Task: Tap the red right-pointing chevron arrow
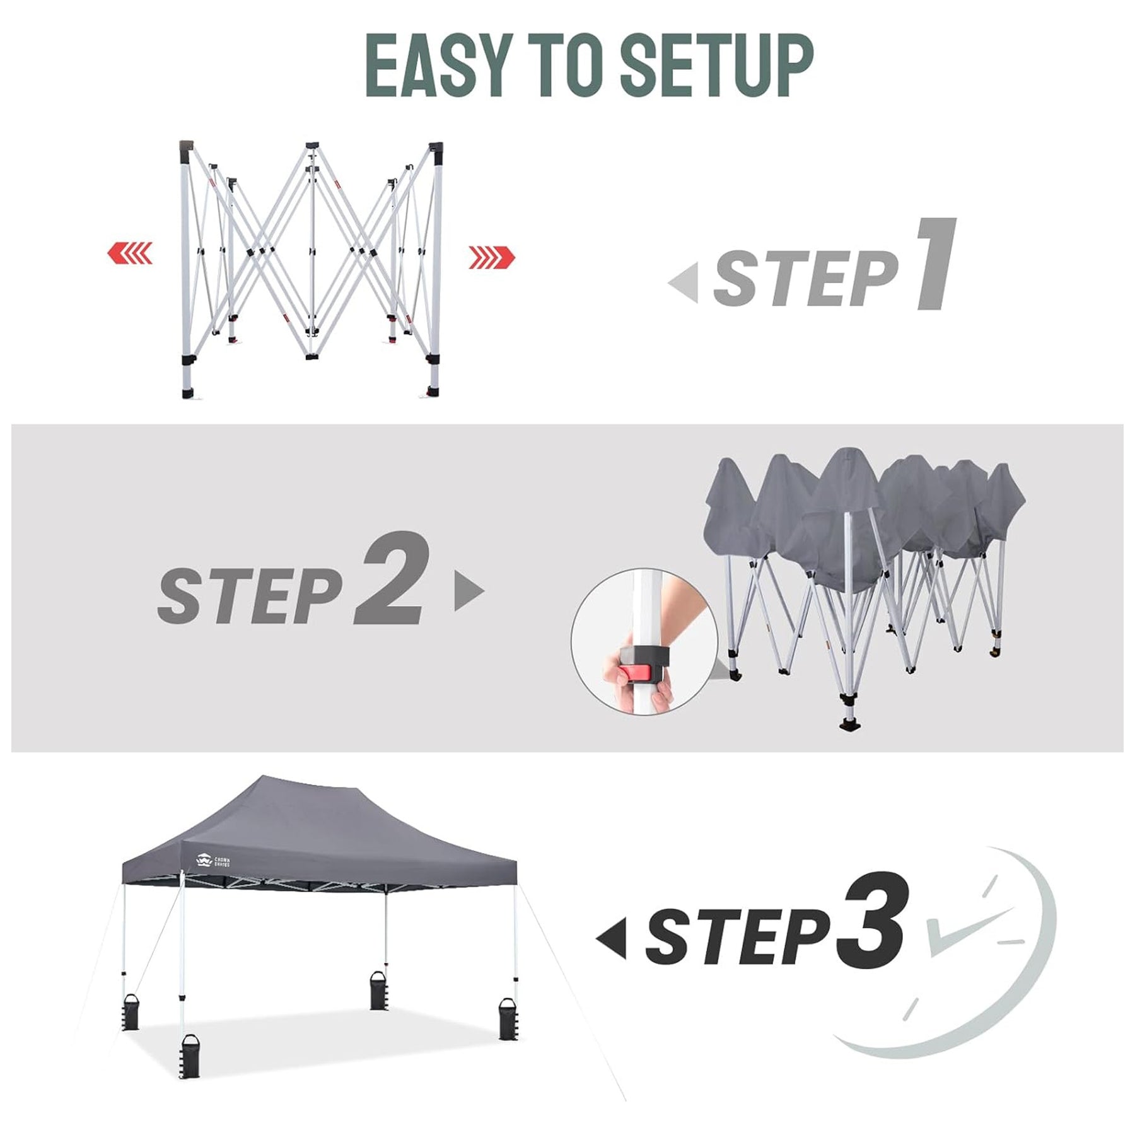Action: tap(492, 257)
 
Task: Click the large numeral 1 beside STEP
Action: tap(936, 263)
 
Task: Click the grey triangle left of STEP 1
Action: tap(684, 282)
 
